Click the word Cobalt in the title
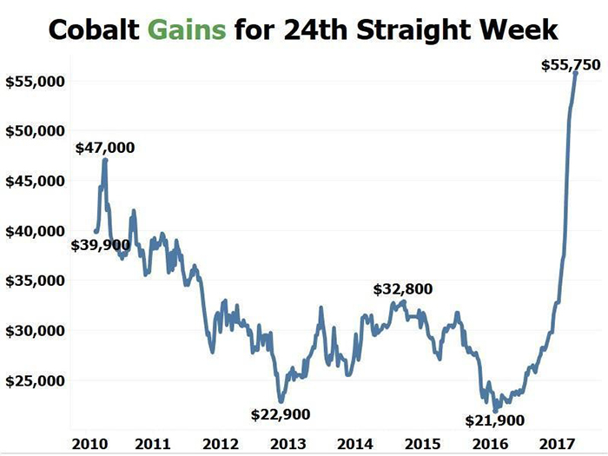[92, 30]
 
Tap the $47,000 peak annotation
[105, 148]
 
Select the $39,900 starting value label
[100, 246]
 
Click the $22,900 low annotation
[280, 413]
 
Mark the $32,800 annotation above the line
[403, 289]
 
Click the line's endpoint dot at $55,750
[575, 73]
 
